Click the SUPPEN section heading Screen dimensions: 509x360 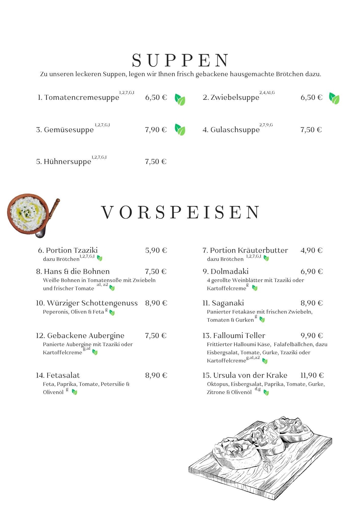pyautogui.click(x=180, y=60)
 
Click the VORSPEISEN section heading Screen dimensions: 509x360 pyautogui.click(x=180, y=212)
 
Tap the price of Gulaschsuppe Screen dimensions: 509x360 pyautogui.click(x=311, y=130)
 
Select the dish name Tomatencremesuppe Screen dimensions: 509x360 pyautogui.click(x=82, y=97)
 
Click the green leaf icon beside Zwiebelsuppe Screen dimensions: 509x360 pyautogui.click(x=334, y=98)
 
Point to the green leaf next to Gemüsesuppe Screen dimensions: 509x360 pyautogui.click(x=180, y=130)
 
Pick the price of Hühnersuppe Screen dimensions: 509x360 pyautogui.click(x=156, y=162)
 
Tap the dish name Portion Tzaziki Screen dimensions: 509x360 pyautogui.click(x=71, y=250)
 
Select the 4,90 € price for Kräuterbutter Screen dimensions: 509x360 pyautogui.click(x=311, y=250)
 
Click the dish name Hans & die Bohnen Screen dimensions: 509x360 pyautogui.click(x=76, y=271)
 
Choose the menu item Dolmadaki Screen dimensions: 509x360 pyautogui.click(x=229, y=271)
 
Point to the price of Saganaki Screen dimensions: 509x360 pyautogui.click(x=311, y=303)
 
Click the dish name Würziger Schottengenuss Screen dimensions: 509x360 pyautogui.click(x=92, y=303)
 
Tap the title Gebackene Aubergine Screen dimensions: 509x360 pyautogui.click(x=85, y=335)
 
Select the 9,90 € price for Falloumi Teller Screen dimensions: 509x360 pyautogui.click(x=311, y=335)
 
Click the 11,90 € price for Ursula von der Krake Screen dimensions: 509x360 pyautogui.click(x=312, y=375)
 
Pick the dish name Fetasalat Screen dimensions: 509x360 pyautogui.click(x=63, y=375)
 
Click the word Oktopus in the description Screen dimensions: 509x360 pyautogui.click(x=218, y=384)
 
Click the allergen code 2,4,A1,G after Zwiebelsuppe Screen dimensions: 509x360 pyautogui.click(x=267, y=93)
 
